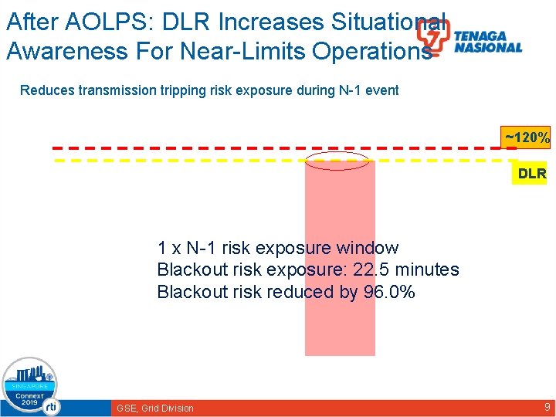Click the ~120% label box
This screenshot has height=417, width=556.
point(527,138)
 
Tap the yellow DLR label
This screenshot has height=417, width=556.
point(532,174)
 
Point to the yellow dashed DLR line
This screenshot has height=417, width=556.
point(193,161)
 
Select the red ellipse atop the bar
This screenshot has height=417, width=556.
point(337,161)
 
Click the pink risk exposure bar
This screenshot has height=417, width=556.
point(340,324)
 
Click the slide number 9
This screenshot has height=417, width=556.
point(547,407)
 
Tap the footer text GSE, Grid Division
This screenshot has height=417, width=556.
point(155,408)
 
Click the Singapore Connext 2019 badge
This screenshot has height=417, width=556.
point(30,387)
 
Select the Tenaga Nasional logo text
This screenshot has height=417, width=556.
point(487,42)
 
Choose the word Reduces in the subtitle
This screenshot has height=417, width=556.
point(45,90)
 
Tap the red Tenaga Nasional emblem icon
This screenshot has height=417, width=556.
point(432,37)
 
